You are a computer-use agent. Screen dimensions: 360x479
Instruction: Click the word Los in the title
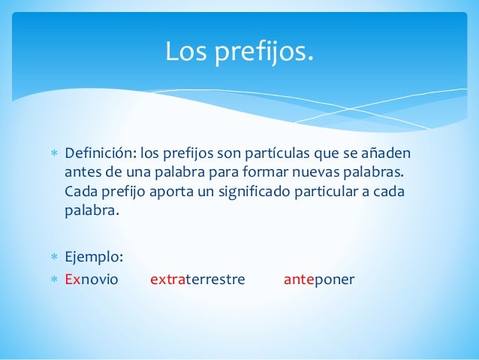pyautogui.click(x=185, y=53)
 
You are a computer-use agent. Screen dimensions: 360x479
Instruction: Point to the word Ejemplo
pyautogui.click(x=94, y=257)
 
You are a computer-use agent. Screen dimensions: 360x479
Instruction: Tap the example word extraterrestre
pyautogui.click(x=198, y=280)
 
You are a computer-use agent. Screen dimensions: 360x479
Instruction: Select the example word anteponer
pyautogui.click(x=319, y=280)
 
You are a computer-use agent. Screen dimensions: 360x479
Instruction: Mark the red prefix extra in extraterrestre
pyautogui.click(x=168, y=280)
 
